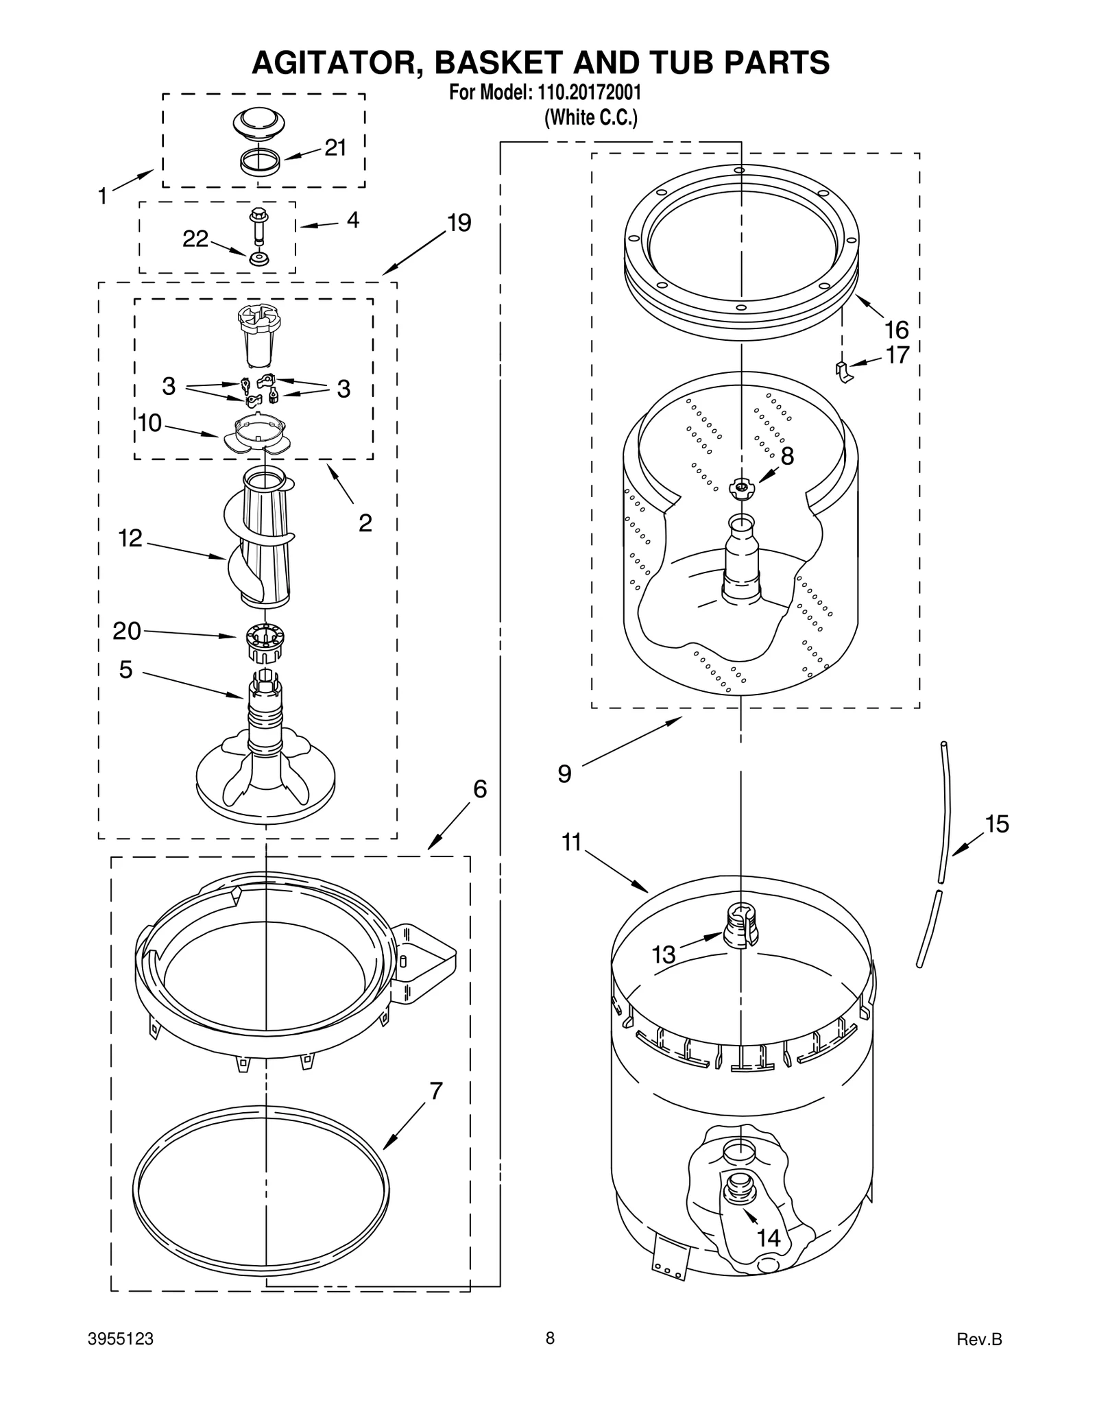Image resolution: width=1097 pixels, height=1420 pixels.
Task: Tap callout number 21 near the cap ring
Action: pyautogui.click(x=335, y=147)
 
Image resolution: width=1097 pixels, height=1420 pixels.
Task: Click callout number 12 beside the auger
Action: pyautogui.click(x=130, y=538)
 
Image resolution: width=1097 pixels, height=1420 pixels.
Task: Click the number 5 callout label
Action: pyautogui.click(x=125, y=670)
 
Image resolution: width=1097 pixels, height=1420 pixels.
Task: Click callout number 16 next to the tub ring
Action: pyautogui.click(x=897, y=330)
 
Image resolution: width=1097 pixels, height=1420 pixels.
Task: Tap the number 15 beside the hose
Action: pyautogui.click(x=997, y=823)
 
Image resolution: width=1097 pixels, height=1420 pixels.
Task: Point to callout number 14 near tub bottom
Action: pyautogui.click(x=769, y=1238)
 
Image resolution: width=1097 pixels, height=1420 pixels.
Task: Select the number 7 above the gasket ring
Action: pyautogui.click(x=436, y=1090)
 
